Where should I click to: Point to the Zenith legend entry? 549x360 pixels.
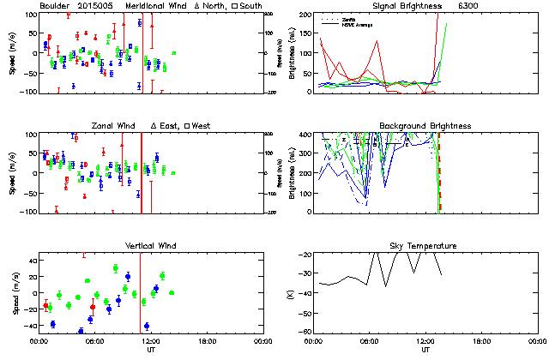[349, 18]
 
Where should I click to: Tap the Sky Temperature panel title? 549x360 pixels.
[425, 246]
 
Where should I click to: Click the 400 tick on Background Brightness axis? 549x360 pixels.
[304, 135]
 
